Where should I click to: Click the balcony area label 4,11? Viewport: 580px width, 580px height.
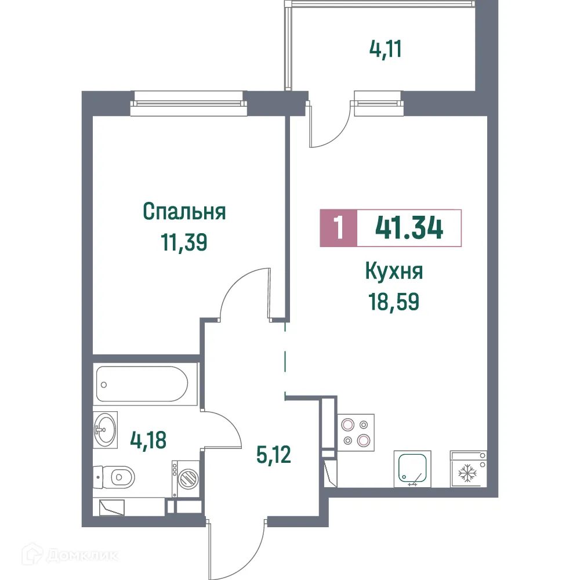coord(386,49)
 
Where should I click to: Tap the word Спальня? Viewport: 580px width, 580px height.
coord(184,212)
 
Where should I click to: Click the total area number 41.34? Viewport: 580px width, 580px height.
coord(409,228)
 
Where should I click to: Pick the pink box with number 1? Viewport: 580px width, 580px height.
coord(338,228)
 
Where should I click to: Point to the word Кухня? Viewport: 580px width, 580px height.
coord(394,271)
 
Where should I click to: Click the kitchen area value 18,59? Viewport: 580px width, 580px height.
coord(394,302)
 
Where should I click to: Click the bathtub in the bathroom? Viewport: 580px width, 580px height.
coord(142,383)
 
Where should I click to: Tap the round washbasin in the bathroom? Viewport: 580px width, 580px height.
coord(106,430)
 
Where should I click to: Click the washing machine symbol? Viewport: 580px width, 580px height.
coord(186,479)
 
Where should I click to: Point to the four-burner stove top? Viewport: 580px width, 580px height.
coord(356,432)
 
